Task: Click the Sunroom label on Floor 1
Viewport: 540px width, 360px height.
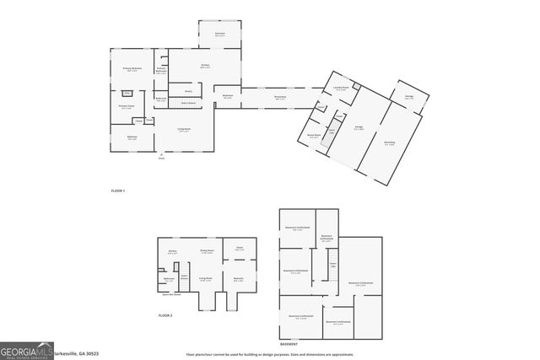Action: coord(219,35)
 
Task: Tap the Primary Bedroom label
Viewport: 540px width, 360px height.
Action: coord(131,68)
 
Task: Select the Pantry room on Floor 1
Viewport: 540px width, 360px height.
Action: coord(188,90)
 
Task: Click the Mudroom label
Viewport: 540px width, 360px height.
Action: coord(228,97)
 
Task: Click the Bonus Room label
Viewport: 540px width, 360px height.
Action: coord(315,135)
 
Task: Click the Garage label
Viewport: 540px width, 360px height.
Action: coord(359,128)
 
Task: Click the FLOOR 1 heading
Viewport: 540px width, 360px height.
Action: coord(118,191)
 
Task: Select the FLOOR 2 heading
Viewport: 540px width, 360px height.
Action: coord(165,314)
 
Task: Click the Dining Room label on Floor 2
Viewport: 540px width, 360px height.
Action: coord(205,251)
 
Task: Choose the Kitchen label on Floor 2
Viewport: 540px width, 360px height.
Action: coord(171,251)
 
